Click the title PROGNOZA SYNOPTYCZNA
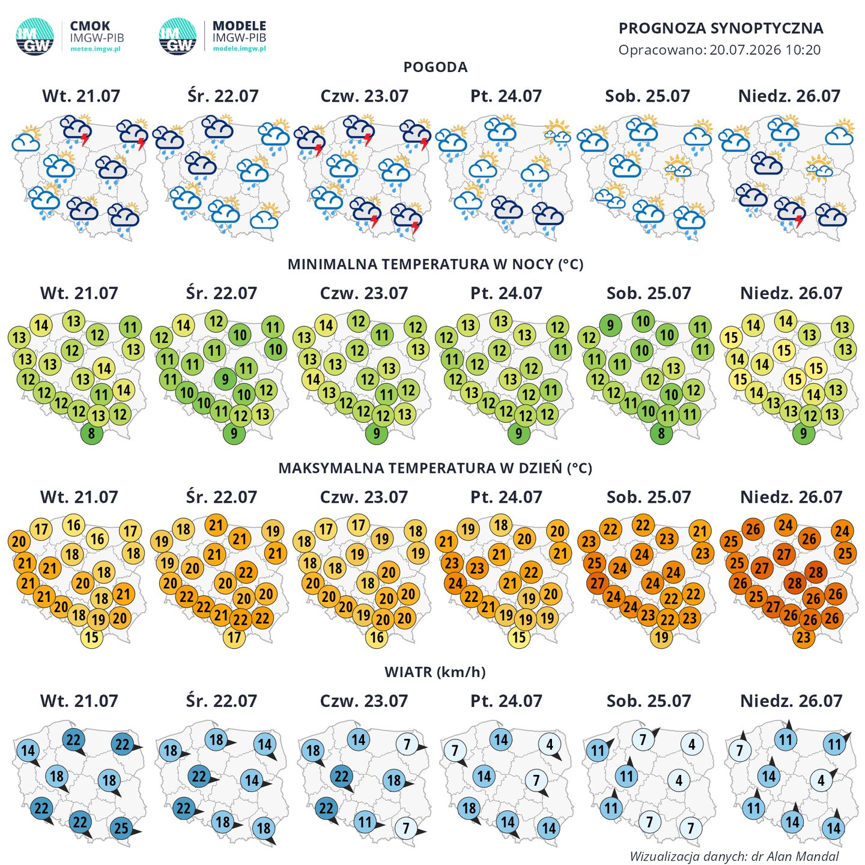coord(720,28)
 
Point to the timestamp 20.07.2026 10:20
coord(765,49)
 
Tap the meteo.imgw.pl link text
coord(95,49)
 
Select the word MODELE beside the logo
coord(239,26)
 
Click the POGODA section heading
coord(435,67)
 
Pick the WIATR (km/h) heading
coord(434,672)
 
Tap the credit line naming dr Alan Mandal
coord(734,855)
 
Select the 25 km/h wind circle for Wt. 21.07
coord(121,828)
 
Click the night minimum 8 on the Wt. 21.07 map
coord(91,434)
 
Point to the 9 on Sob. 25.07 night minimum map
coord(610,326)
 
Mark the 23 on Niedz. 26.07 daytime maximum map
coord(804,637)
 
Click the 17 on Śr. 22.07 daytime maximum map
coord(234,637)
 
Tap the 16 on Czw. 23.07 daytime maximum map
coord(377,637)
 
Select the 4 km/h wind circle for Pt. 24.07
coord(550,745)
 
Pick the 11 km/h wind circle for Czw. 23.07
coord(365,822)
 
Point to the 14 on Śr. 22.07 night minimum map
coord(183,326)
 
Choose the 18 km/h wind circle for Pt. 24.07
coord(469,809)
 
